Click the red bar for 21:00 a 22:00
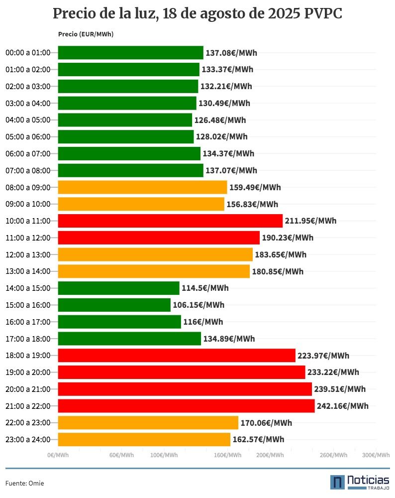(186, 406)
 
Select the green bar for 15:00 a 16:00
(114, 305)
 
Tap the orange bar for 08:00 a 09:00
(142, 187)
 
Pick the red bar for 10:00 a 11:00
(170, 221)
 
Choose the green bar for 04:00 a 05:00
(125, 120)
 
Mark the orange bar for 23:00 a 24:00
(144, 439)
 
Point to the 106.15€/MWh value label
(198, 305)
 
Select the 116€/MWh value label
(203, 322)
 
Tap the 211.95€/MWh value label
(310, 221)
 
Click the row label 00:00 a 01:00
(28, 53)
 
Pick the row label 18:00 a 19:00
(28, 356)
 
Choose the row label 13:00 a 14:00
(28, 271)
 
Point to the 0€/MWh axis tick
(58, 455)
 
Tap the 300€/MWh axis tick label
(376, 455)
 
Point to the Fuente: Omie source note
(21, 483)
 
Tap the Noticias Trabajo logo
(360, 482)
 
